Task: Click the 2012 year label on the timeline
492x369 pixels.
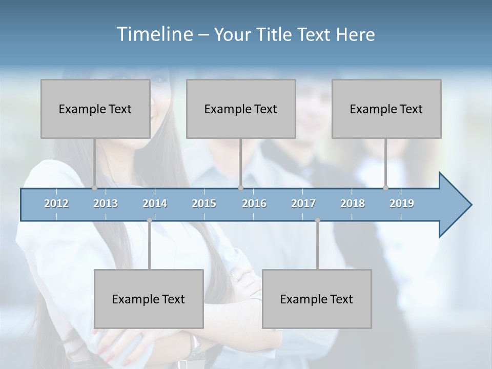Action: pyautogui.click(x=56, y=203)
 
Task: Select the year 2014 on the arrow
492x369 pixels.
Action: pyautogui.click(x=155, y=203)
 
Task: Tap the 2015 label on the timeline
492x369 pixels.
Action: pyautogui.click(x=204, y=203)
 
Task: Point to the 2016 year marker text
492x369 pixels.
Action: pyautogui.click(x=254, y=203)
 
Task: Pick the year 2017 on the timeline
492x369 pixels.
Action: pyautogui.click(x=303, y=203)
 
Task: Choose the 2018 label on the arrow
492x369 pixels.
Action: pyautogui.click(x=353, y=203)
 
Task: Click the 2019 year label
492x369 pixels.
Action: pyautogui.click(x=402, y=203)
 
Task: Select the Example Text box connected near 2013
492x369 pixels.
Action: pyautogui.click(x=95, y=109)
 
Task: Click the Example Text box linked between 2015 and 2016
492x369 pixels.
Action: pyautogui.click(x=241, y=109)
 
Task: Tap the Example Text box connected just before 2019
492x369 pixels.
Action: pyautogui.click(x=386, y=109)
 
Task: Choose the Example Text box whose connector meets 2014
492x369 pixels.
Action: pyautogui.click(x=149, y=299)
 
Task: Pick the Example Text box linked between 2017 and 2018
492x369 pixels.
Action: pyautogui.click(x=317, y=299)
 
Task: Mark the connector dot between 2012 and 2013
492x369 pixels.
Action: pyautogui.click(x=94, y=188)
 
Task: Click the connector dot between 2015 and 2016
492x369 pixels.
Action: pyautogui.click(x=241, y=188)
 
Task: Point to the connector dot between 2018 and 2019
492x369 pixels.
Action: pyautogui.click(x=385, y=188)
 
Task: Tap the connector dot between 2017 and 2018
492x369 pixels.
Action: pyautogui.click(x=317, y=220)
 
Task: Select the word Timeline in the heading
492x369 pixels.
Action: pyautogui.click(x=154, y=34)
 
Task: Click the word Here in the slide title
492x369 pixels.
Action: pyautogui.click(x=355, y=34)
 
